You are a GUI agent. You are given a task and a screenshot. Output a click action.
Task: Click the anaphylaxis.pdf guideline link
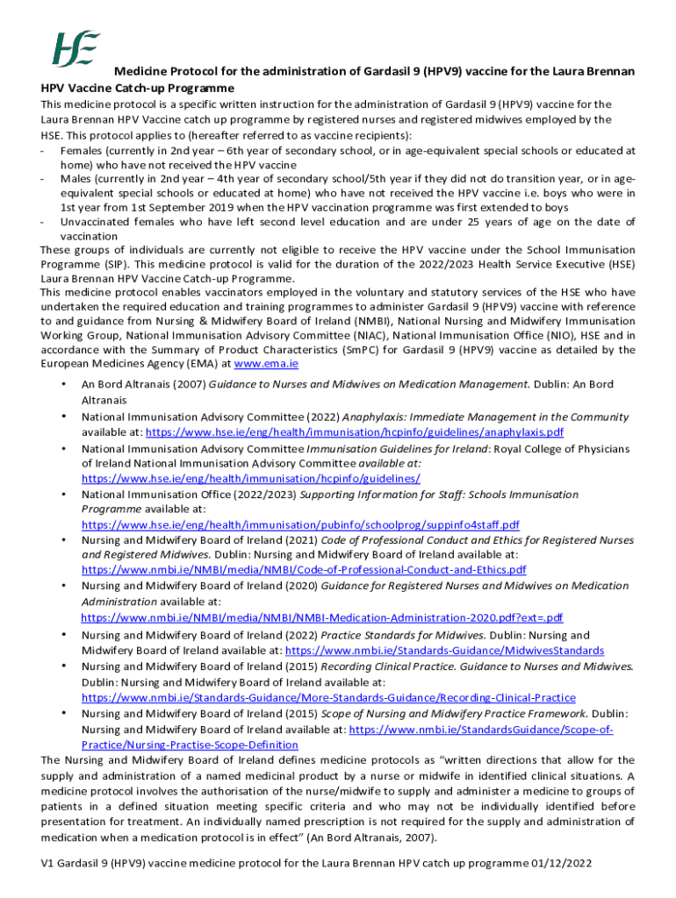click(354, 432)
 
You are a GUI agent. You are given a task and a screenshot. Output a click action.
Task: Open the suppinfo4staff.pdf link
click(300, 524)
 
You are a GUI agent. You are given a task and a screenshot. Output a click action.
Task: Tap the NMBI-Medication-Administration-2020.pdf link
click(322, 617)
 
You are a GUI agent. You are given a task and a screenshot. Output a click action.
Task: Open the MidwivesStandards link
click(444, 651)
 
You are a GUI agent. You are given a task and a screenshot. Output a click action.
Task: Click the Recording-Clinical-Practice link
click(328, 698)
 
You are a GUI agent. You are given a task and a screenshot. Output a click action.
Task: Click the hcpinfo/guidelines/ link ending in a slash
click(250, 478)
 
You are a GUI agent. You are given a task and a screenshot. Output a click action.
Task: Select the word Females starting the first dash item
click(82, 151)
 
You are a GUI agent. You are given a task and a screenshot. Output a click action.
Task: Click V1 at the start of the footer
click(48, 863)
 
